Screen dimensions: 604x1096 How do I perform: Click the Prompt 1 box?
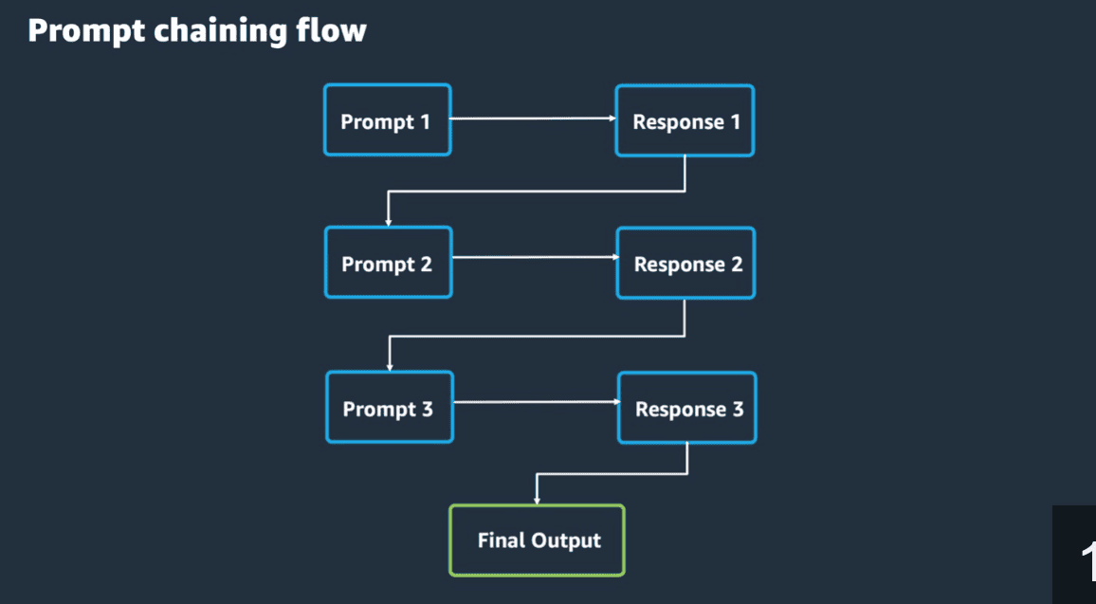(x=387, y=120)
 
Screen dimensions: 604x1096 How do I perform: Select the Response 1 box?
(x=685, y=120)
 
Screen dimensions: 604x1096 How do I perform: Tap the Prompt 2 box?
(x=388, y=264)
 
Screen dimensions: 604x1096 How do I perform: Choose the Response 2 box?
(x=685, y=264)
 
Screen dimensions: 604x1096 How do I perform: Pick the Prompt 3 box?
(x=389, y=408)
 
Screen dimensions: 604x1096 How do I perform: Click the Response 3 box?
(x=686, y=408)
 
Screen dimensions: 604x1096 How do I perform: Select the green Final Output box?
(x=537, y=540)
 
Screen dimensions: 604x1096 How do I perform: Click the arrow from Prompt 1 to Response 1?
(x=531, y=119)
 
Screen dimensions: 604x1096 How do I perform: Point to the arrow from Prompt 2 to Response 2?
(x=533, y=257)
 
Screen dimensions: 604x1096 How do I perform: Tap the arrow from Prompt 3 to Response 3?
(x=534, y=402)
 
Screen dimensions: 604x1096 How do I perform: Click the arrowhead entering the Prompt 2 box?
(x=388, y=221)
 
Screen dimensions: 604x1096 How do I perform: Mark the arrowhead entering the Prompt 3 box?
(x=389, y=366)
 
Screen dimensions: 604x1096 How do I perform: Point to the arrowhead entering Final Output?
(x=538, y=500)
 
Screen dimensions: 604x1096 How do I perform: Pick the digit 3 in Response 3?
(x=738, y=409)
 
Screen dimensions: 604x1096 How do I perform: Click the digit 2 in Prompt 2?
(x=426, y=264)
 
